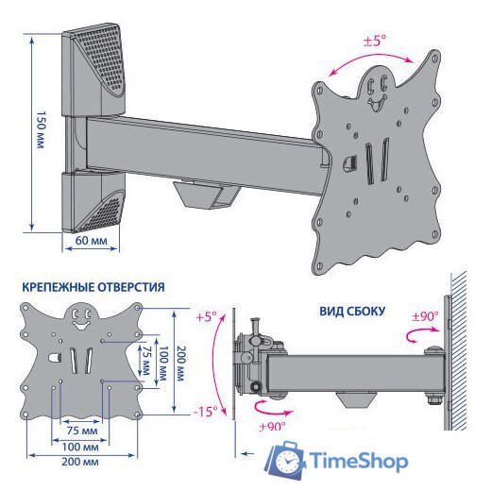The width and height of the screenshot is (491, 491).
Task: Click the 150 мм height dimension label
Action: coord(42,129)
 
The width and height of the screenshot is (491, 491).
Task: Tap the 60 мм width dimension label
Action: coord(91,241)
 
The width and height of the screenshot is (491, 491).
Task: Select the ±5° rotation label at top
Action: coord(375,41)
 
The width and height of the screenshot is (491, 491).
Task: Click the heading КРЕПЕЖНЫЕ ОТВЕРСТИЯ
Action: coord(93,287)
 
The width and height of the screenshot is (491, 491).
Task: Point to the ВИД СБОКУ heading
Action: coord(352,312)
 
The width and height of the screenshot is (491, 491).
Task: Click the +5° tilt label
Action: coord(207,316)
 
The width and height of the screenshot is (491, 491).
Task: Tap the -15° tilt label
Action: coord(205,411)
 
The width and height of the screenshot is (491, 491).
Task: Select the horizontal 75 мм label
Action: coord(82,431)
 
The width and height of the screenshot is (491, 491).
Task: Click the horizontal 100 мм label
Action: coord(80,447)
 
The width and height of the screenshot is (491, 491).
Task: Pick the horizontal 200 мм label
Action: coord(80,462)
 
